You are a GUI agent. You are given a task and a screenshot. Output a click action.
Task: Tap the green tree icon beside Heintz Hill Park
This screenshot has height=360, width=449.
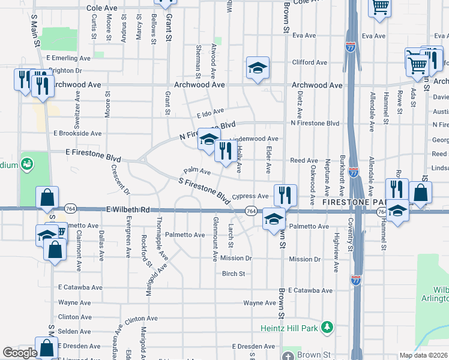[327, 327]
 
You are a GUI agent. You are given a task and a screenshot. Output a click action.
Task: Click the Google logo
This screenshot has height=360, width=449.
[20, 353]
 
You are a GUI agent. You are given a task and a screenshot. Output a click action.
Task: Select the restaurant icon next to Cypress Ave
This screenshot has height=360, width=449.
[285, 195]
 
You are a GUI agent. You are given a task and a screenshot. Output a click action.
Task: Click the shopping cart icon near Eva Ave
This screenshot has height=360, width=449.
[380, 7]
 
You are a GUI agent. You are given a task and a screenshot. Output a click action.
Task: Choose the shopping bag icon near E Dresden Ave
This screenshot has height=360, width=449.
[46, 348]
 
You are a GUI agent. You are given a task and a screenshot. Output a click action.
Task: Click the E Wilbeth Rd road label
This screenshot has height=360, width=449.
[128, 210]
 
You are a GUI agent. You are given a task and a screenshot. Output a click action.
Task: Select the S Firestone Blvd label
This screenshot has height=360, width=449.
[205, 189]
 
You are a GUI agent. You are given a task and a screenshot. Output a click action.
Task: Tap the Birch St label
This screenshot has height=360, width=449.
[234, 274]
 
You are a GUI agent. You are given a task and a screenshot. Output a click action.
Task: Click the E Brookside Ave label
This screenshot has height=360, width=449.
[78, 133]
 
